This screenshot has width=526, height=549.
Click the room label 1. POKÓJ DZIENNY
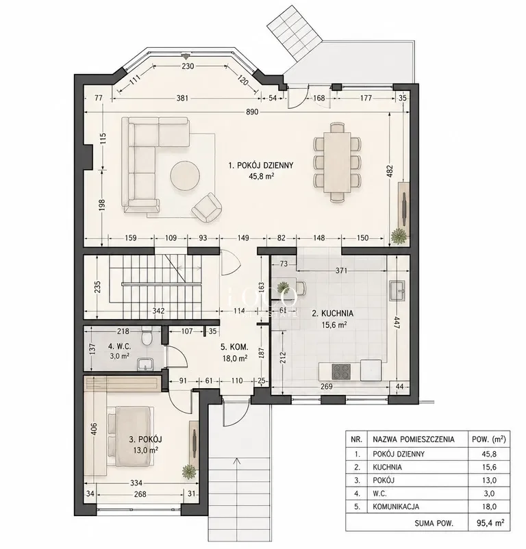coord(261,165)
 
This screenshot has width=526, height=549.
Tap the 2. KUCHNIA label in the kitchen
coord(332,314)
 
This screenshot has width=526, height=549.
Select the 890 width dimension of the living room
coord(252,112)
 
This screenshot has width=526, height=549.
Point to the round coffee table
coord(185,176)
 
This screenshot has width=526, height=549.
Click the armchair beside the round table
coord(207,207)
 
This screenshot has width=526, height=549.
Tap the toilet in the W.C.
coord(146,336)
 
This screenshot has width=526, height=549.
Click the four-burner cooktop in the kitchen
coord(341,372)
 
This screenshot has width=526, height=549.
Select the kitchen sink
coord(397,290)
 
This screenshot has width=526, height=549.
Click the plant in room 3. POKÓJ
coord(189,472)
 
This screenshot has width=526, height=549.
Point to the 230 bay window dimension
coord(188,66)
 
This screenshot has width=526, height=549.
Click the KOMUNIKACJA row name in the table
coord(396,507)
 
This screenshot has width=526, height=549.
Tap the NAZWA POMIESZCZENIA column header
coord(413,439)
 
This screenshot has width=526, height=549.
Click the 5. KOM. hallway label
coord(234,347)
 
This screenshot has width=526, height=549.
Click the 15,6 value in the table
coord(489,467)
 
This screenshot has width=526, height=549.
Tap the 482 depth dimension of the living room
coord(391,173)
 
